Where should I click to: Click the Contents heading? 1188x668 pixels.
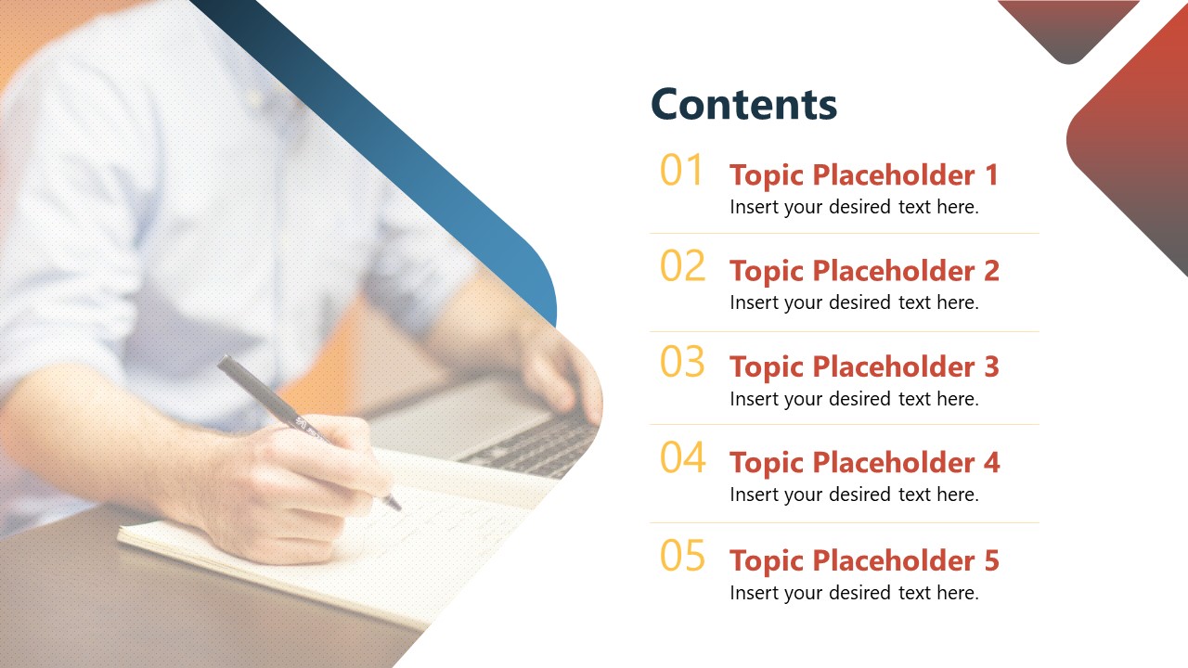(x=743, y=104)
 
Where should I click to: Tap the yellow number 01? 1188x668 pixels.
(x=681, y=170)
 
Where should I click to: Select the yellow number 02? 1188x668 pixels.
(x=682, y=265)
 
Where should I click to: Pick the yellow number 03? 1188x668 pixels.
(x=682, y=362)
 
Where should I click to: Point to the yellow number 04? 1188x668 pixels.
(x=683, y=457)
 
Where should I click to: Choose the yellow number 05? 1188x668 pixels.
(x=682, y=555)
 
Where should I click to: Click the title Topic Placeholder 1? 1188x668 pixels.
(x=864, y=175)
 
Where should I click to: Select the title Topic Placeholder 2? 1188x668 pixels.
(x=864, y=272)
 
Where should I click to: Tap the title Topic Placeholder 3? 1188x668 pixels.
(x=864, y=366)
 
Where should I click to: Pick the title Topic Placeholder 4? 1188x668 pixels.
(x=864, y=463)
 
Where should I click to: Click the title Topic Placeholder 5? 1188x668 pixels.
(x=864, y=561)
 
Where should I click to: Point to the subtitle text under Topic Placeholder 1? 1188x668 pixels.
(x=855, y=207)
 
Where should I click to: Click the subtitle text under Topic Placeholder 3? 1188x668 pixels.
(x=855, y=399)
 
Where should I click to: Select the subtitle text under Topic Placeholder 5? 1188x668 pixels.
(x=855, y=593)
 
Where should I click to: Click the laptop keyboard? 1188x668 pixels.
(x=536, y=445)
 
